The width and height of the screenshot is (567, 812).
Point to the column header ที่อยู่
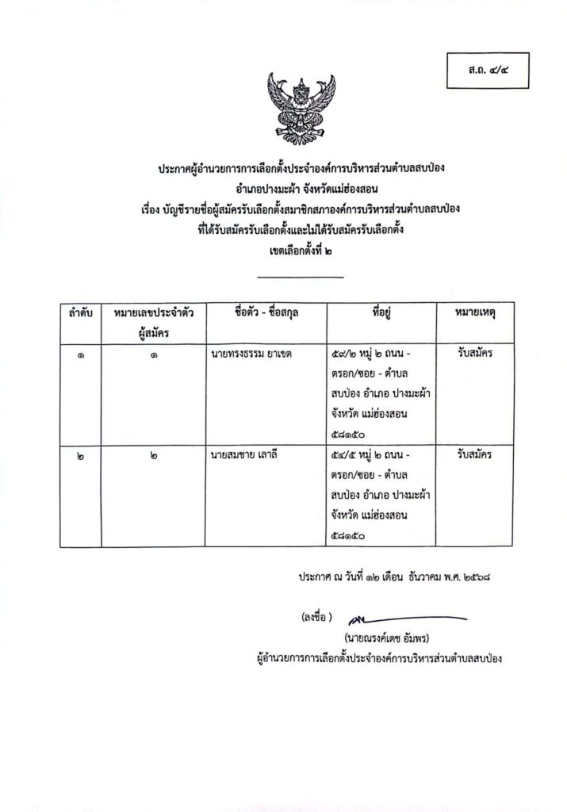click(383, 314)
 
